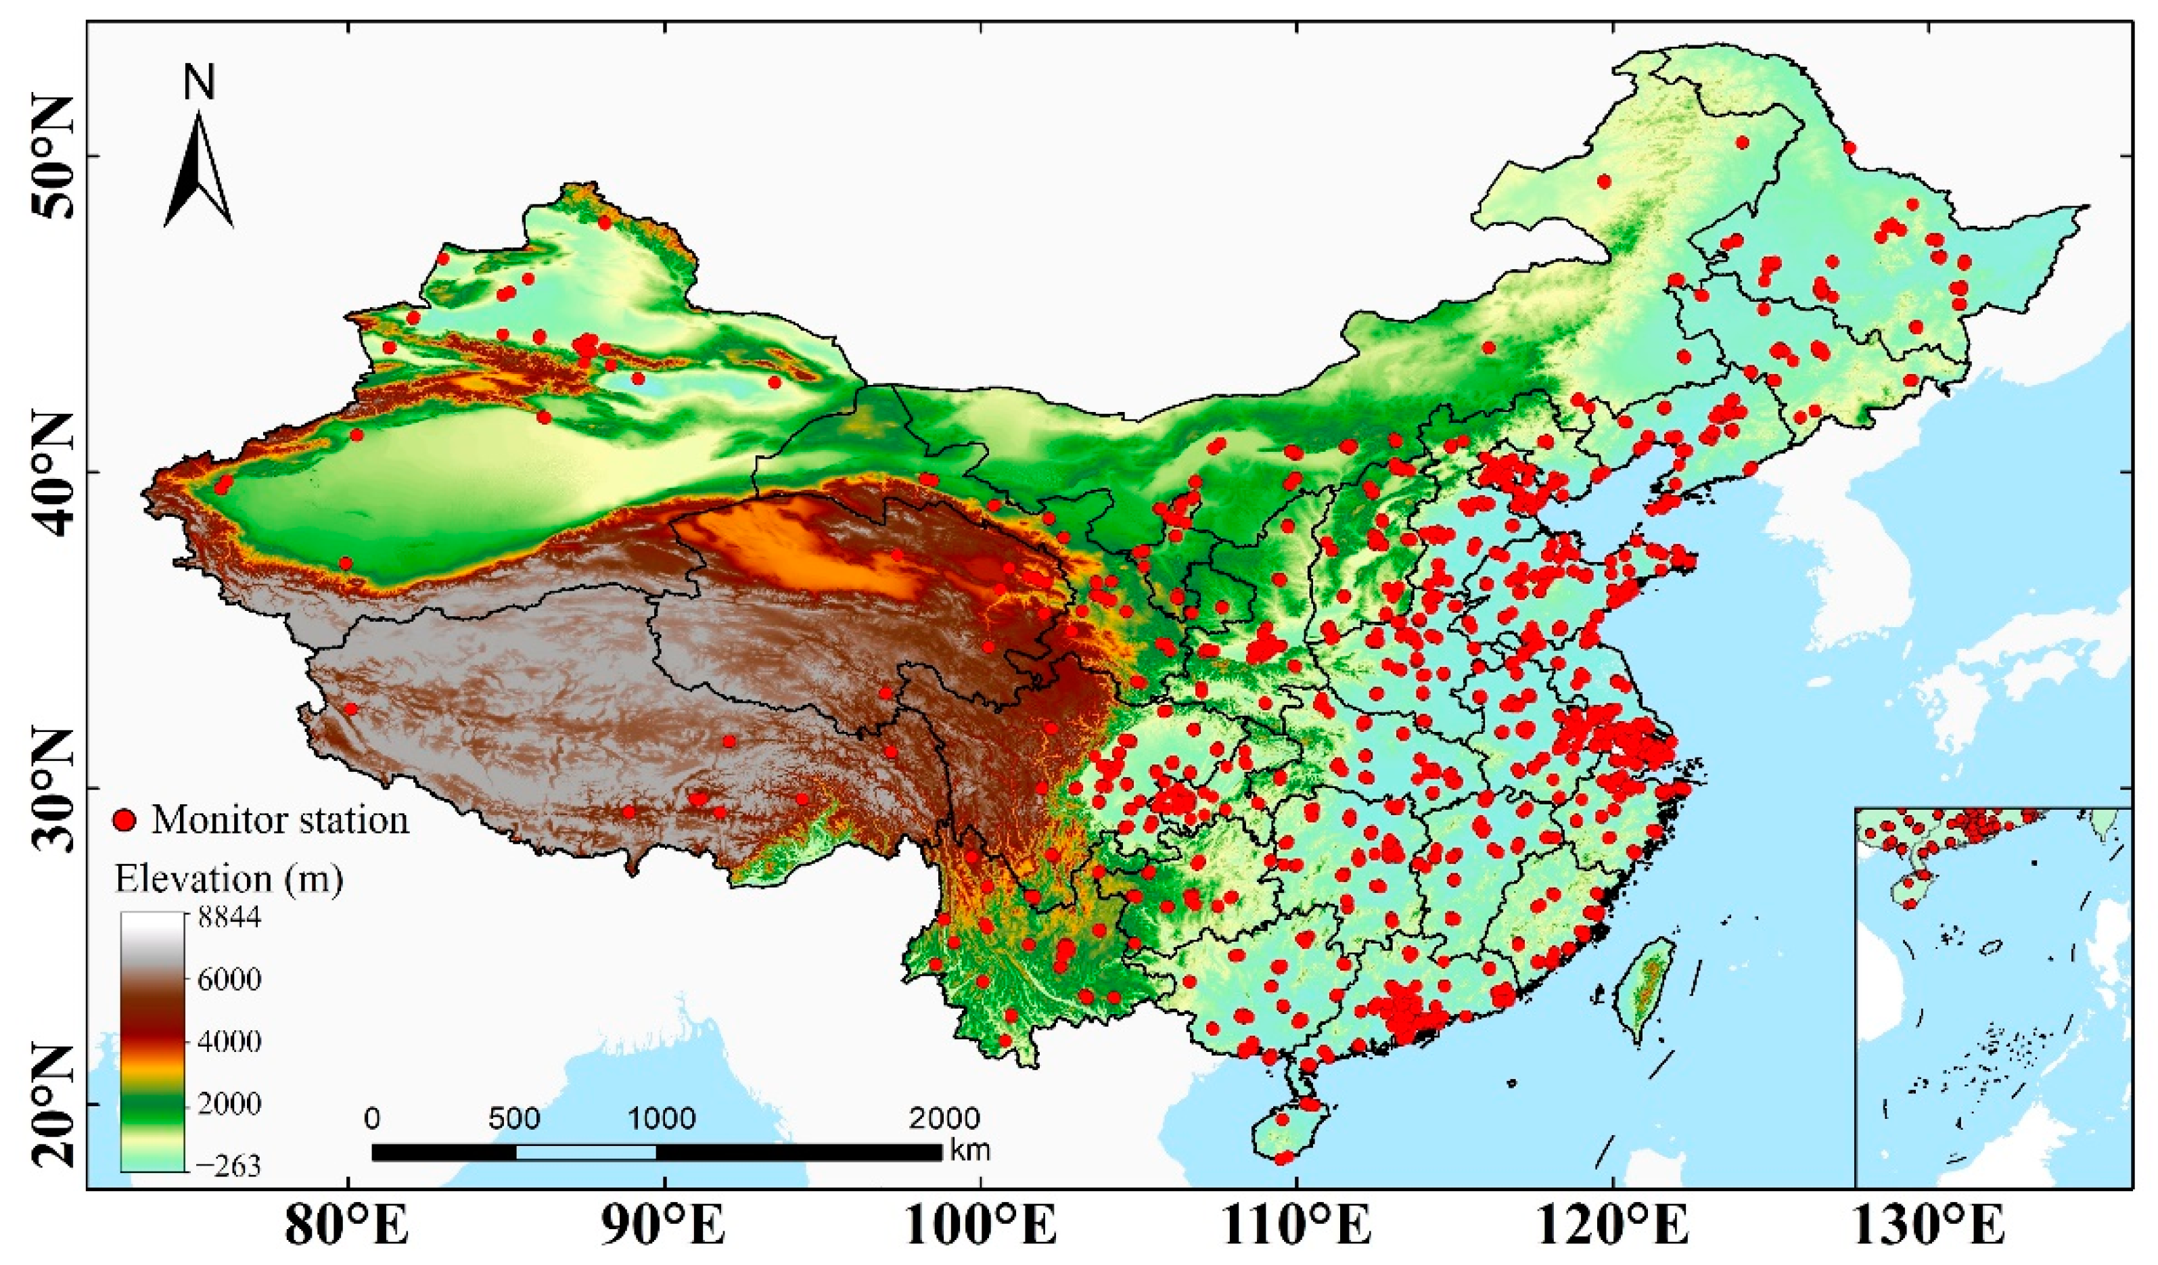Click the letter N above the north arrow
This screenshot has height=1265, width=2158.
coord(199,83)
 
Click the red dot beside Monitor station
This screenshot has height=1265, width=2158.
coord(126,821)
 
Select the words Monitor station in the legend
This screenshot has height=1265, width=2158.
coord(280,821)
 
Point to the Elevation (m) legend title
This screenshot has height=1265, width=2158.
coord(229,879)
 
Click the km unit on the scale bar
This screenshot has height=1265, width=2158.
coord(969,1150)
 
